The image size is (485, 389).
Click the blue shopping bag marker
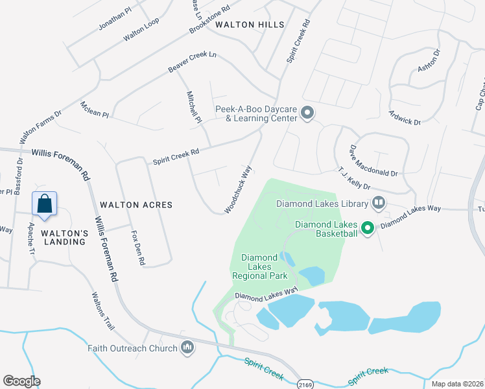pos(45,204)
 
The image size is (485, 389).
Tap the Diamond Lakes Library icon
pos(378,204)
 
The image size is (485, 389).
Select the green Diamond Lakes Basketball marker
pos(367,228)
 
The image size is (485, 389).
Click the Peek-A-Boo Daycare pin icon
pos(308,114)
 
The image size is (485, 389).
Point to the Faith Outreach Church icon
pos(187,348)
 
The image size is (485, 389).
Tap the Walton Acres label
pos(137,205)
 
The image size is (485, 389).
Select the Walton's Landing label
pos(64,237)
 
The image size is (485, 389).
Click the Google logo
pos(21,381)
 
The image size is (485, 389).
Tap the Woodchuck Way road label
pos(238,189)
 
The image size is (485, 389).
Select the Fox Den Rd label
pos(137,244)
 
